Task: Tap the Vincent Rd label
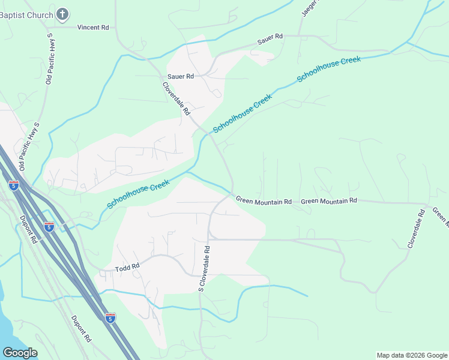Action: coord(93,28)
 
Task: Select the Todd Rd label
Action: coord(127,266)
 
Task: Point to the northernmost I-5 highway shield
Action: coord(14,185)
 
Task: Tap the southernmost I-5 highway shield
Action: coord(110,317)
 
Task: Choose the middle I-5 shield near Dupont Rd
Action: coord(49,226)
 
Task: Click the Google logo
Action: coord(20,352)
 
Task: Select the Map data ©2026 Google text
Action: coord(412,355)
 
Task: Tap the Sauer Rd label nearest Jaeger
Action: coord(270,38)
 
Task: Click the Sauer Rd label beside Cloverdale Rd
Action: coord(180,77)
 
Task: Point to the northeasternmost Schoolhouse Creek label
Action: coord(329,70)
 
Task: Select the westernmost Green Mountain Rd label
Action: coord(264,201)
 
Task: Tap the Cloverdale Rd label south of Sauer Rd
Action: coord(176,98)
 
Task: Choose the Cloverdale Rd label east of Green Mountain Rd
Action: coord(416,229)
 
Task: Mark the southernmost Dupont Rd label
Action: coord(81,329)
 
